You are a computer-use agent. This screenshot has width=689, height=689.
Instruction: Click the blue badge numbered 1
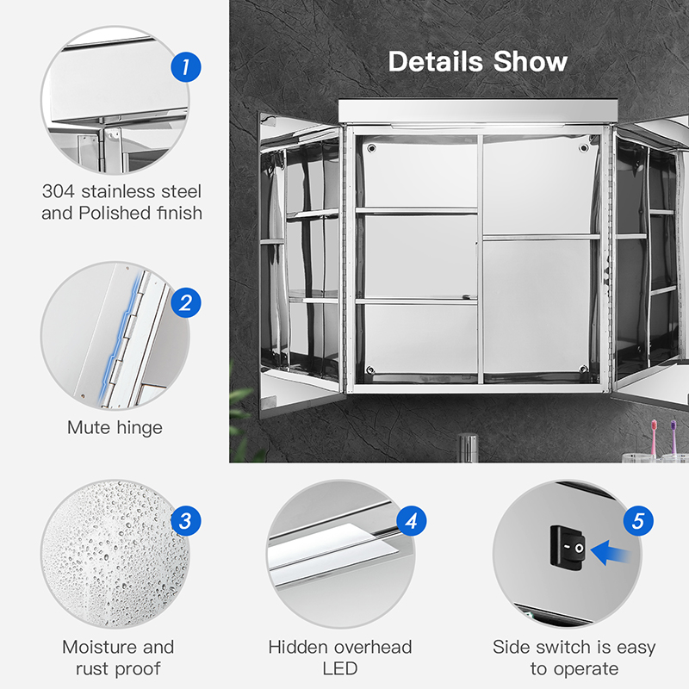pyautogui.click(x=186, y=67)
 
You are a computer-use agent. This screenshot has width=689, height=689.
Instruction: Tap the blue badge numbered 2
pyautogui.click(x=186, y=303)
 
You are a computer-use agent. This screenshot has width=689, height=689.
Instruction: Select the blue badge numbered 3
pyautogui.click(x=186, y=521)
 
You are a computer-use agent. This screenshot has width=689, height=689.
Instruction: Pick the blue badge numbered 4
pyautogui.click(x=412, y=521)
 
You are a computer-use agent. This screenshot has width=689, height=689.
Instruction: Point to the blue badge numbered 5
pyautogui.click(x=638, y=521)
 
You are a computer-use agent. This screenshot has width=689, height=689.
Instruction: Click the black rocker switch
pyautogui.click(x=568, y=548)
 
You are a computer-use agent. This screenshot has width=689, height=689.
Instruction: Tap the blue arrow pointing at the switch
pyautogui.click(x=611, y=553)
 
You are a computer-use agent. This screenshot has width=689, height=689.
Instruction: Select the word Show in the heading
pyautogui.click(x=531, y=61)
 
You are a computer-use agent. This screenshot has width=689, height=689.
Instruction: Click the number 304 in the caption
pyautogui.click(x=59, y=191)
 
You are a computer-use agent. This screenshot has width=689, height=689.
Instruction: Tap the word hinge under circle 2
pyautogui.click(x=140, y=428)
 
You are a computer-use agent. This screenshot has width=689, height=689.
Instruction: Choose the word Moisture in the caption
pyautogui.click(x=100, y=647)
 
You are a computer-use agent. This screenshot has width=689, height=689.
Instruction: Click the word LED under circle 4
pyautogui.click(x=340, y=669)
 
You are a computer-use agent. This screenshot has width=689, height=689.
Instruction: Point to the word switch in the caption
pyautogui.click(x=563, y=647)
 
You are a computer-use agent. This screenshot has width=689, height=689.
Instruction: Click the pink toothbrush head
pyautogui.click(x=654, y=425)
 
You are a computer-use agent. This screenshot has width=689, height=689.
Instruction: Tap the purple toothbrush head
pyautogui.click(x=673, y=425)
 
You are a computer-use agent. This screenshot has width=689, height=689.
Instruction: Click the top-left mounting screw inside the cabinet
pyautogui.click(x=372, y=148)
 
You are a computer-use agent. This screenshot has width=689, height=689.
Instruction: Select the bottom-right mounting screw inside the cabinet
pyautogui.click(x=584, y=369)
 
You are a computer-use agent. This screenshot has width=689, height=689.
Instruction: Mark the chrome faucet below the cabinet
pyautogui.click(x=468, y=448)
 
